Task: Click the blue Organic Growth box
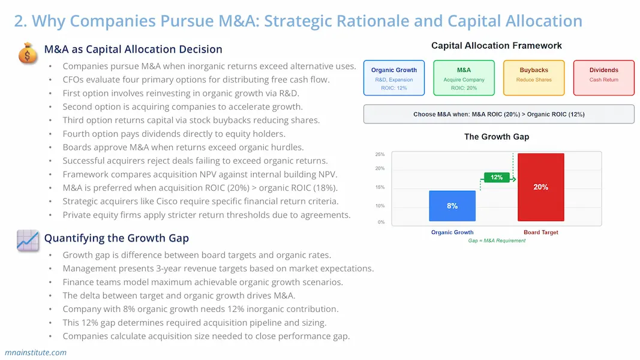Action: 394,78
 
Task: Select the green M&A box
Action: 464,78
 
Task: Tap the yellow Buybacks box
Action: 534,78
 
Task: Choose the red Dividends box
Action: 603,78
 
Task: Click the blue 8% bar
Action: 452,206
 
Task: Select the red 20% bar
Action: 540,187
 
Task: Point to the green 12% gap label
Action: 497,177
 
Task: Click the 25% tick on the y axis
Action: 380,154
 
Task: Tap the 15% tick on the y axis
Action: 380,187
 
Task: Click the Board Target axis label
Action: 540,232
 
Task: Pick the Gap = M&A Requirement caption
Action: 497,241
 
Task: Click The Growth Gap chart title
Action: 497,137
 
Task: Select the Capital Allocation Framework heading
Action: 497,46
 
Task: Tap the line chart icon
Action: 28,240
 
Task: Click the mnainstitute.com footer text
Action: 35,352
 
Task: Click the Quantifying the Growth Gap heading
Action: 116,238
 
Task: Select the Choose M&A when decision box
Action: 498,114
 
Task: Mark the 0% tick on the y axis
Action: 381,222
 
